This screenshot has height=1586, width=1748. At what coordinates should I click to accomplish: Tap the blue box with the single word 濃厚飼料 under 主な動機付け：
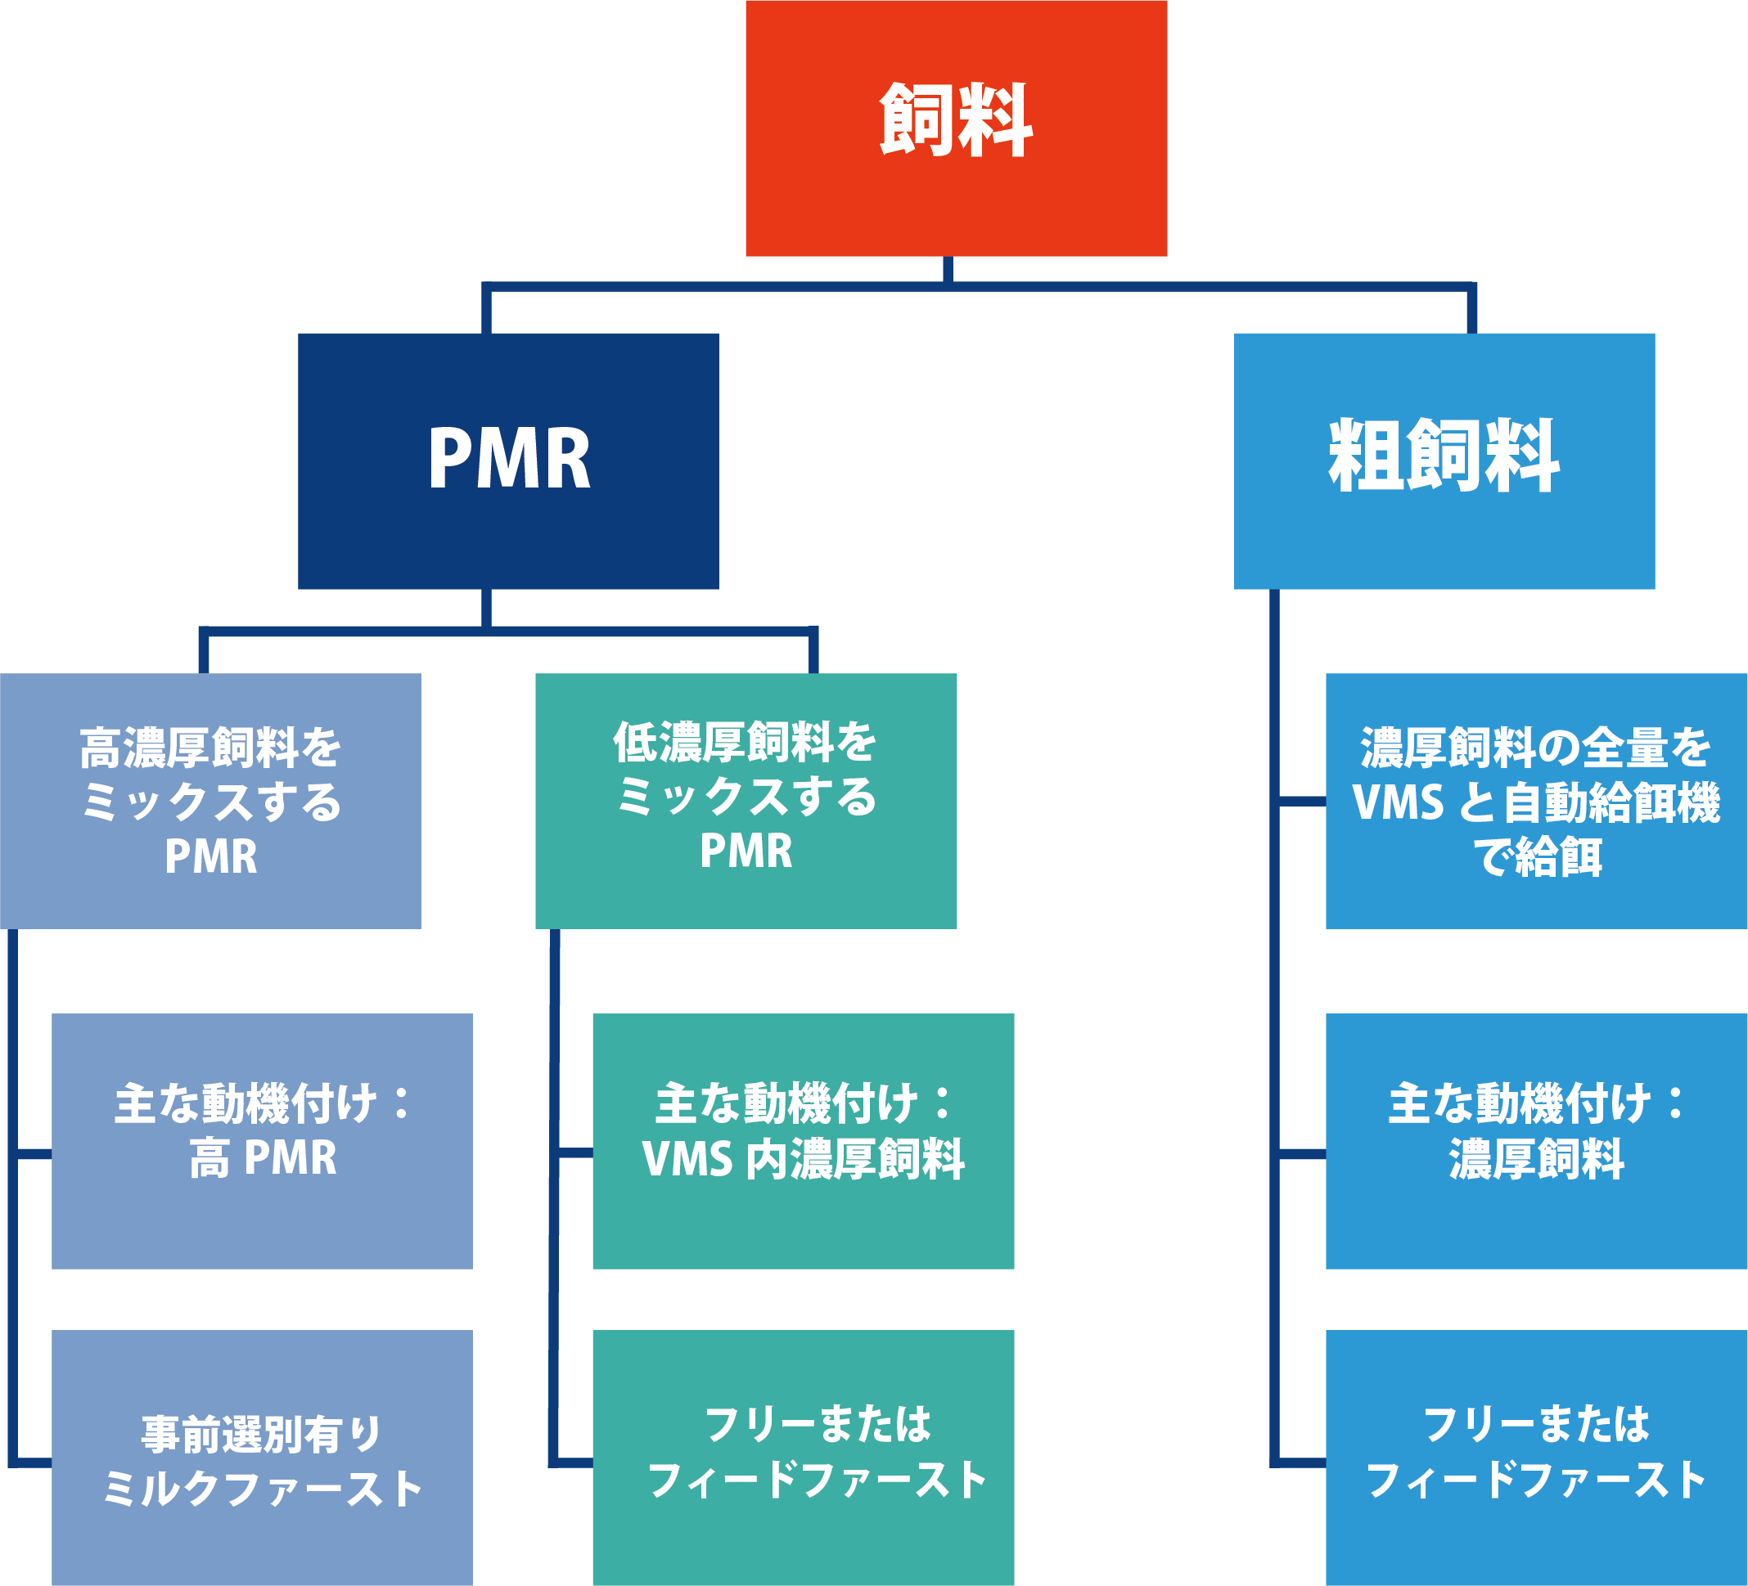(x=1535, y=1159)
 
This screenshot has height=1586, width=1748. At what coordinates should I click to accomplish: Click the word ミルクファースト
(x=262, y=1489)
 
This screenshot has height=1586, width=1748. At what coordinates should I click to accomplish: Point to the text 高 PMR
(x=262, y=1158)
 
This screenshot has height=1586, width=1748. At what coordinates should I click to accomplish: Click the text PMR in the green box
(x=746, y=850)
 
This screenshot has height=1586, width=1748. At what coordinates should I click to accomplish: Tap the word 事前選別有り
(x=262, y=1434)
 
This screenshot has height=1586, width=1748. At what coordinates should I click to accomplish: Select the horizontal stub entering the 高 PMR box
(x=33, y=1153)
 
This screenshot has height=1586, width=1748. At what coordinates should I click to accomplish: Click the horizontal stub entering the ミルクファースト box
(x=33, y=1463)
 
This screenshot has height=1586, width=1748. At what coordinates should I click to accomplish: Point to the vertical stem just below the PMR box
(x=486, y=607)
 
